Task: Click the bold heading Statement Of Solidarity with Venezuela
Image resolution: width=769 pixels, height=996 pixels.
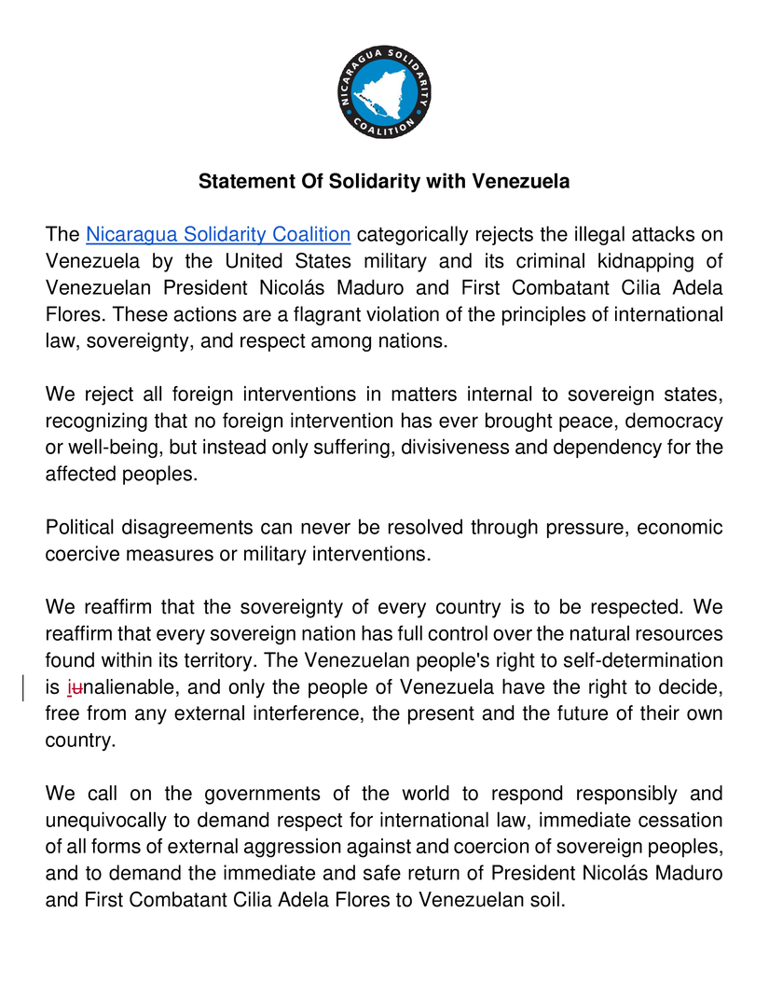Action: pyautogui.click(x=384, y=182)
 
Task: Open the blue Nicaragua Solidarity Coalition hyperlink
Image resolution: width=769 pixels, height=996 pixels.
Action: pyautogui.click(x=218, y=234)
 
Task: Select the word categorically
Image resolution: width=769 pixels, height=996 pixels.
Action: pyautogui.click(x=417, y=234)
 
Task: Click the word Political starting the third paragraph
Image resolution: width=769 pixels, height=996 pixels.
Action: pyautogui.click(x=82, y=527)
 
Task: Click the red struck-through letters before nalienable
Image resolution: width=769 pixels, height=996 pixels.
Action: pyautogui.click(x=75, y=687)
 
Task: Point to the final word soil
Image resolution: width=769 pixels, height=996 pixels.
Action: pyautogui.click(x=544, y=901)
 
